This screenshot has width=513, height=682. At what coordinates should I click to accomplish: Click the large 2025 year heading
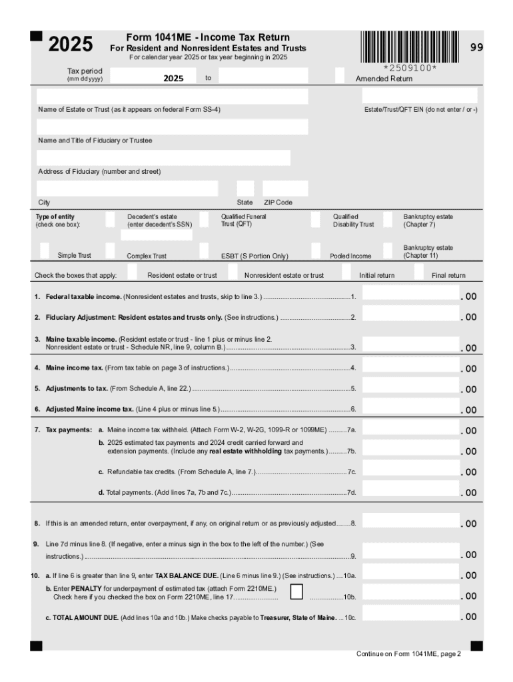pyautogui.click(x=70, y=45)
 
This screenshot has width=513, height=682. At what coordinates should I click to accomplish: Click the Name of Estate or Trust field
pyautogui.click(x=173, y=96)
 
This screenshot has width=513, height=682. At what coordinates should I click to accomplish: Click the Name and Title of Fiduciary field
pyautogui.click(x=173, y=127)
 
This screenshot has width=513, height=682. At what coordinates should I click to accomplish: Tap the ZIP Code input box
pyautogui.click(x=285, y=188)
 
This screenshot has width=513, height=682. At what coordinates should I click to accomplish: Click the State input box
pyautogui.click(x=245, y=188)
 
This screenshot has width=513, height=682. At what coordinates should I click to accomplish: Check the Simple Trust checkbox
pyautogui.click(x=45, y=250)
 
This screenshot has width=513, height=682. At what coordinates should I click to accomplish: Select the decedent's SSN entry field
pyautogui.click(x=160, y=234)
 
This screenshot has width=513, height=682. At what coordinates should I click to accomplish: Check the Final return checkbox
pyautogui.click(x=418, y=272)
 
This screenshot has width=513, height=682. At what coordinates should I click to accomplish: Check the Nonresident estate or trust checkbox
pyautogui.click(x=232, y=272)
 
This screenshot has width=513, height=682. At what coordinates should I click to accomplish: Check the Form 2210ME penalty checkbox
pyautogui.click(x=297, y=592)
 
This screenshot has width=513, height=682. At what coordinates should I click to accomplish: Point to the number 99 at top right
pyautogui.click(x=476, y=47)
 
